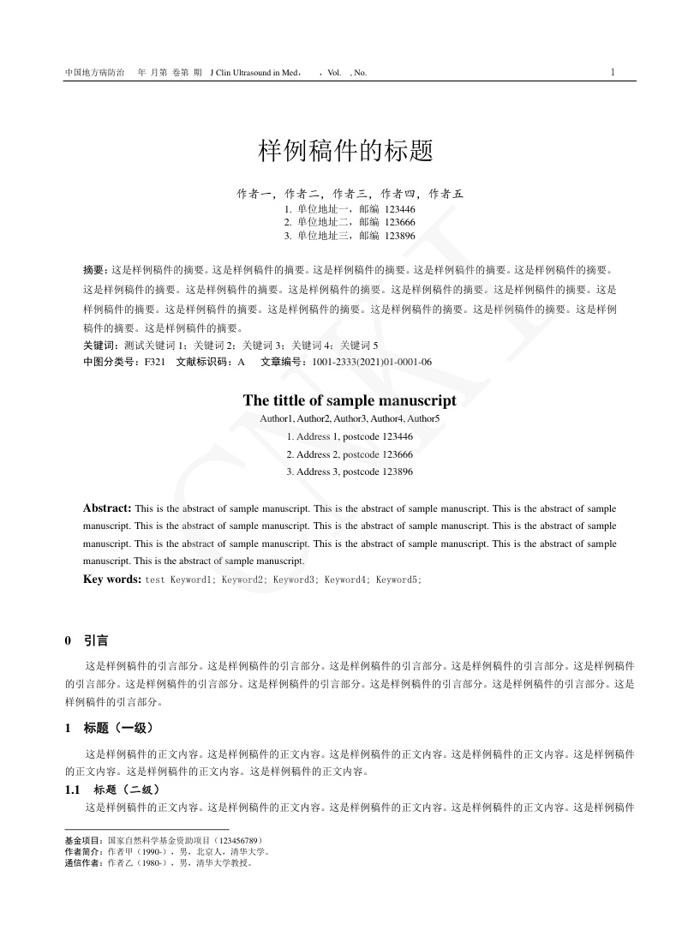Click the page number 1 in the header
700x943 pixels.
tap(613, 72)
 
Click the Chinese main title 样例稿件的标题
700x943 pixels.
tap(345, 152)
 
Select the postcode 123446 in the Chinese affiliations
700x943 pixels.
tap(400, 208)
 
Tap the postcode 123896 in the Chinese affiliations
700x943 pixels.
tap(400, 236)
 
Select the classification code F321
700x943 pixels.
tap(154, 362)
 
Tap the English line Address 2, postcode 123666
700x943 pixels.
tap(350, 454)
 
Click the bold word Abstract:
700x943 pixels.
tap(107, 508)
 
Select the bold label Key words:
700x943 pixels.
tap(112, 580)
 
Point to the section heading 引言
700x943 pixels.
tap(96, 641)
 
